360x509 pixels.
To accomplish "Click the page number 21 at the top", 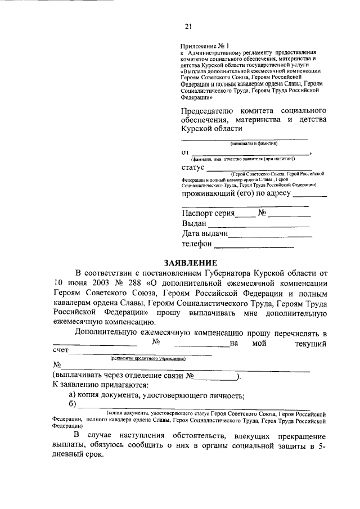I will [188, 25].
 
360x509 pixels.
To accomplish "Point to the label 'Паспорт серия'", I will [208, 213].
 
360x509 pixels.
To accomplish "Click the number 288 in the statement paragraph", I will [135, 283].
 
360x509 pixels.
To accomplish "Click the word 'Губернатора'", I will [237, 272].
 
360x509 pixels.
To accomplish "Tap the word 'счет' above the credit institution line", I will [60, 351].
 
